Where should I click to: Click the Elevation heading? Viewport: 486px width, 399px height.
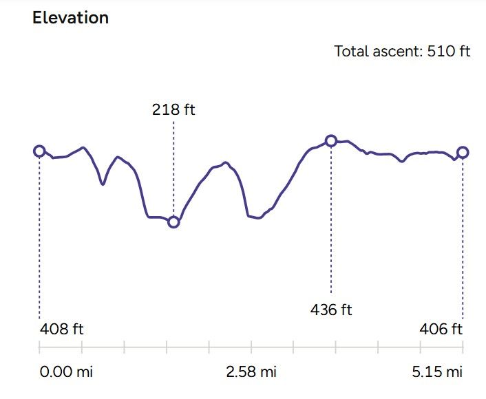click(x=70, y=18)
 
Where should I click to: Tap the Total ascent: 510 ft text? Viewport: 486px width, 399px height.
click(x=402, y=51)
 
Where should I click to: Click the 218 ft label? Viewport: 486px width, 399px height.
click(x=173, y=109)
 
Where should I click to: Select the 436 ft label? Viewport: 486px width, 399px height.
click(x=330, y=310)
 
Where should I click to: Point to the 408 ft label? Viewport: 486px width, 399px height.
click(x=62, y=330)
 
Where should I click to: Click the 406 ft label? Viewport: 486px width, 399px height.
click(x=441, y=330)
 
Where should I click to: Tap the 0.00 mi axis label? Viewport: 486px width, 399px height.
click(x=65, y=372)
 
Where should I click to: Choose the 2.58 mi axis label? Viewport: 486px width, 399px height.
click(x=251, y=372)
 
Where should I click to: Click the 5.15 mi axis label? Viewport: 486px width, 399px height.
click(x=437, y=372)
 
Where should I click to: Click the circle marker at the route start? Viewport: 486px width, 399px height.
click(x=39, y=151)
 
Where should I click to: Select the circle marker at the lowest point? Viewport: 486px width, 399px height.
click(x=173, y=222)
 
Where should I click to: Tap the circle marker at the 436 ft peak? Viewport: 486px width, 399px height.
click(x=331, y=141)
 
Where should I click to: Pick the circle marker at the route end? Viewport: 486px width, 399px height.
click(x=463, y=152)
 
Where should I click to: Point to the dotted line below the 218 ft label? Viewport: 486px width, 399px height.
click(x=173, y=165)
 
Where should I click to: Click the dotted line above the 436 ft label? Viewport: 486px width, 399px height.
click(x=331, y=220)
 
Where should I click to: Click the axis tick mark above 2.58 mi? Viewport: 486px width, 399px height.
click(x=251, y=347)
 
